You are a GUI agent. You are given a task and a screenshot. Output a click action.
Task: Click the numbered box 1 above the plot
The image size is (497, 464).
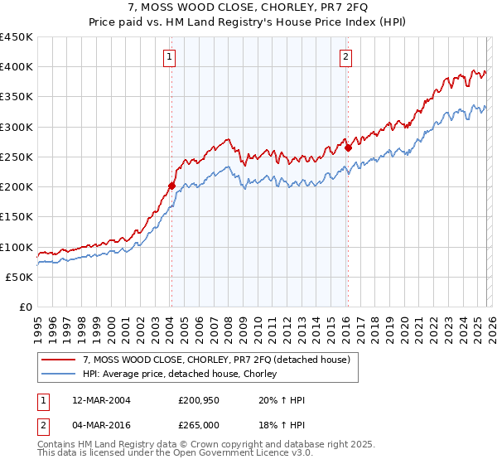click(x=169, y=57)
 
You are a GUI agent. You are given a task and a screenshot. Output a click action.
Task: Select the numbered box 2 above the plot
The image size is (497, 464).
click(x=345, y=57)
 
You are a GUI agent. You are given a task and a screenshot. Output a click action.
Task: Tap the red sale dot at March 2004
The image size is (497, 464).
click(x=171, y=186)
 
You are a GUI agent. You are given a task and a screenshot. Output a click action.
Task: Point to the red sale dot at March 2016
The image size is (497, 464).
click(x=348, y=148)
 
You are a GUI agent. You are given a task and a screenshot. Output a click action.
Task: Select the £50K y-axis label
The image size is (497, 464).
click(x=20, y=277)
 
